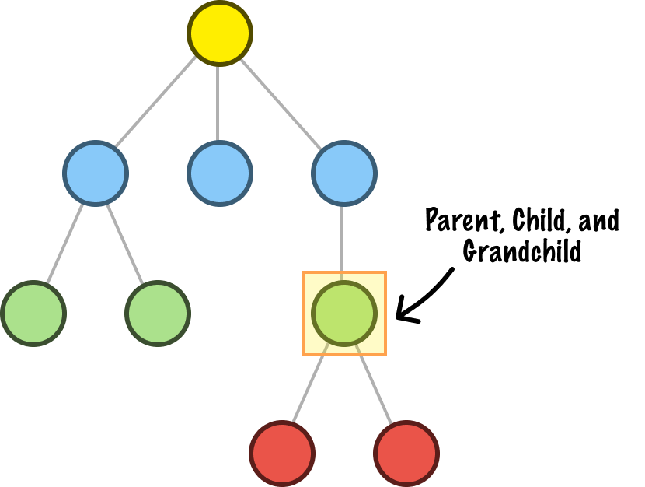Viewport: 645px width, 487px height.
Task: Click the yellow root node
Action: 220,33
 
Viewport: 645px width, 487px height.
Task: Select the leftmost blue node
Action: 96,173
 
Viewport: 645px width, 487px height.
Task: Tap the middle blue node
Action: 220,173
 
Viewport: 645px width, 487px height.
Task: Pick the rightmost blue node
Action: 344,173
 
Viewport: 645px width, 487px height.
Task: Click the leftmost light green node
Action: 33,314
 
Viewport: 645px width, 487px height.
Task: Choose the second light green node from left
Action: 158,314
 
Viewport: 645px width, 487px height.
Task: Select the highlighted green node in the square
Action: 344,314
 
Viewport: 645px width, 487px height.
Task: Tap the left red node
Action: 282,454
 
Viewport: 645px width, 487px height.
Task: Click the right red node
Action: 406,454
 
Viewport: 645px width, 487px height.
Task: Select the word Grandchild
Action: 522,251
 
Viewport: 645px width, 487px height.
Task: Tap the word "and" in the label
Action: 598,221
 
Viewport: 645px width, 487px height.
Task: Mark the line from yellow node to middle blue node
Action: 218,103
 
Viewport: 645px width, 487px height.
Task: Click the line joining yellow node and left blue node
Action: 155,102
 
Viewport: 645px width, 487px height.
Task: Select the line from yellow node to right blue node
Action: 281,104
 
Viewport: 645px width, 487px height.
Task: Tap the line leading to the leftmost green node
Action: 64,243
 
